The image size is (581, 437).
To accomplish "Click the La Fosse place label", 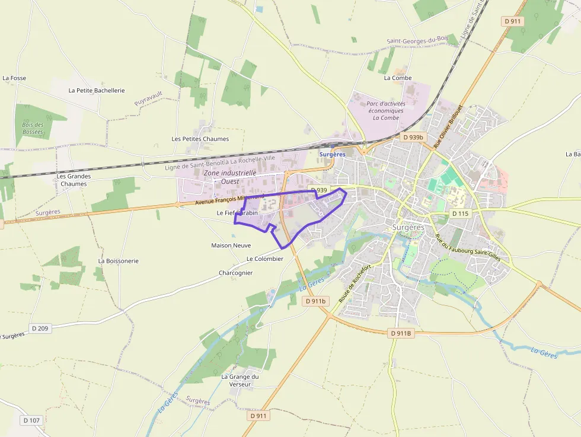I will pyautogui.click(x=14, y=78).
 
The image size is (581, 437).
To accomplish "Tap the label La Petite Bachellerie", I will pyautogui.click(x=97, y=91).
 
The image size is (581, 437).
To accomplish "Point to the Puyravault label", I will pyautogui.click(x=148, y=98).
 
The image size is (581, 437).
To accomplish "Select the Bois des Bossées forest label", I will pyautogui.click(x=33, y=128).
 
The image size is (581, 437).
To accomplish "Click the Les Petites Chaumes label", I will pyautogui.click(x=200, y=139).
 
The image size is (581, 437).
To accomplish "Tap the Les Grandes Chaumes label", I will pyautogui.click(x=74, y=180).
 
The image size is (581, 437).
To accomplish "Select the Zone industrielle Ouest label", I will pyautogui.click(x=230, y=177).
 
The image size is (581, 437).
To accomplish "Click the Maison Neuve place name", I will pyautogui.click(x=231, y=245).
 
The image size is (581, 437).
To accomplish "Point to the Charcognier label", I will pyautogui.click(x=235, y=273).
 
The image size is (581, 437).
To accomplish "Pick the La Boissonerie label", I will pyautogui.click(x=118, y=260).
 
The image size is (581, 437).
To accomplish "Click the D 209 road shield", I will pyautogui.click(x=40, y=328).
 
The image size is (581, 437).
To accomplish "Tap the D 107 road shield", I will pyautogui.click(x=31, y=420).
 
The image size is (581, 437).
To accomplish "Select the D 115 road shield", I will pyautogui.click(x=460, y=213).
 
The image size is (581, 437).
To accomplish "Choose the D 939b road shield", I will pyautogui.click(x=413, y=137).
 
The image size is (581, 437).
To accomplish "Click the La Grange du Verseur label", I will pyautogui.click(x=240, y=380).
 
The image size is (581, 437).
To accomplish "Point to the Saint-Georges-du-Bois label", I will pyautogui.click(x=417, y=40).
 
